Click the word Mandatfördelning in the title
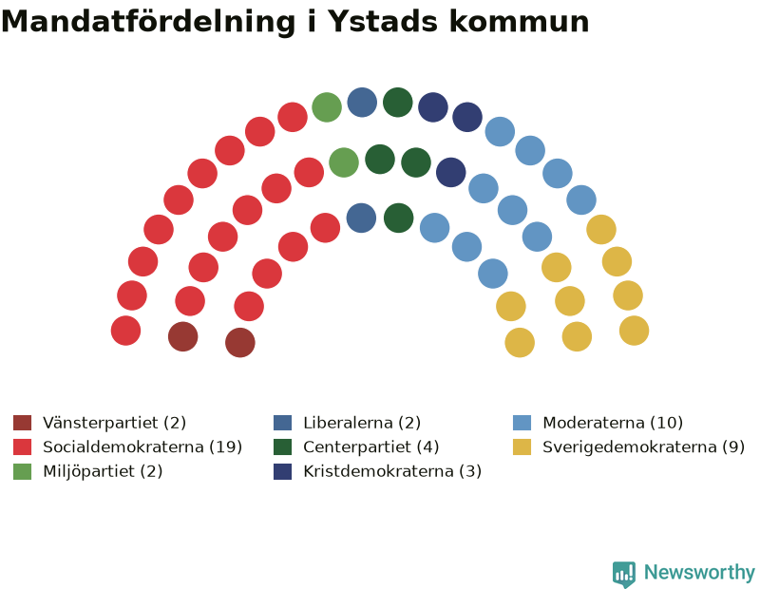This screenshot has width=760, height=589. (148, 22)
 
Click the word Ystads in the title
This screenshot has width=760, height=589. (383, 22)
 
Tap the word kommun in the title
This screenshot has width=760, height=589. (519, 22)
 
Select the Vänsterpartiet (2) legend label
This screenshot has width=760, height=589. (114, 423)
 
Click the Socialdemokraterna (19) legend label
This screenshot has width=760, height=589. (142, 446)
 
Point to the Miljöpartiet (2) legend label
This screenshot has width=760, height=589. (103, 471)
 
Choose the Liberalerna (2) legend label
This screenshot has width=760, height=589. (362, 423)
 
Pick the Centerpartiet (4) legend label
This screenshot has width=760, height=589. (371, 446)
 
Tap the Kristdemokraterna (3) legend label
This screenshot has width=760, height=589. (392, 471)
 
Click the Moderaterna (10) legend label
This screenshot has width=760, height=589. (613, 423)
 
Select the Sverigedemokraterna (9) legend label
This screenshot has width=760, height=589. (644, 446)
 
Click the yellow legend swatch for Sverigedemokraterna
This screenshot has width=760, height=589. (522, 446)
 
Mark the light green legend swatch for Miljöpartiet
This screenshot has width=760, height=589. (22, 471)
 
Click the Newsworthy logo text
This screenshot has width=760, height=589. (699, 573)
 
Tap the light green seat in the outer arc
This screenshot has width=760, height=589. (327, 107)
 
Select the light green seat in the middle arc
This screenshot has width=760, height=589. (344, 162)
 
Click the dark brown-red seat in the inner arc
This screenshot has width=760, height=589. (240, 342)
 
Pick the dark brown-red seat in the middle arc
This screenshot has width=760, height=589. (182, 336)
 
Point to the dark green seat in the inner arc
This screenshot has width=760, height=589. (398, 218)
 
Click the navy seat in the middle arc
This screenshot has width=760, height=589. (450, 172)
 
